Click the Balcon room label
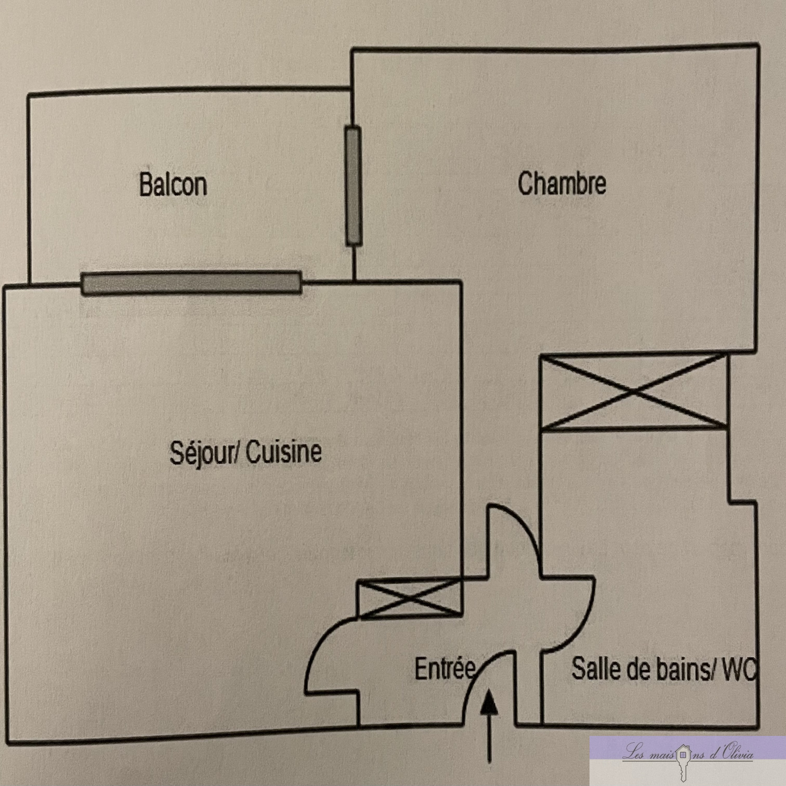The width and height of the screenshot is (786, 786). pyautogui.click(x=173, y=185)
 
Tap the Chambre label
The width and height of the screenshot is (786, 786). pyautogui.click(x=561, y=183)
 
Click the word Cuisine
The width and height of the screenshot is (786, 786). pyautogui.click(x=283, y=452)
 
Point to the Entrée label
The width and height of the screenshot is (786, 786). pyautogui.click(x=445, y=669)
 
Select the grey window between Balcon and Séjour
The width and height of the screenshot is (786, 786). pyautogui.click(x=191, y=283)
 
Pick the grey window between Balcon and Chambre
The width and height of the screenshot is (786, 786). pyautogui.click(x=353, y=186)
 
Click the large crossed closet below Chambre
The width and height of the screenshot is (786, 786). pyautogui.click(x=634, y=392)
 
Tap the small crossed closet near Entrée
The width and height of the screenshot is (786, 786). pyautogui.click(x=409, y=598)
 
